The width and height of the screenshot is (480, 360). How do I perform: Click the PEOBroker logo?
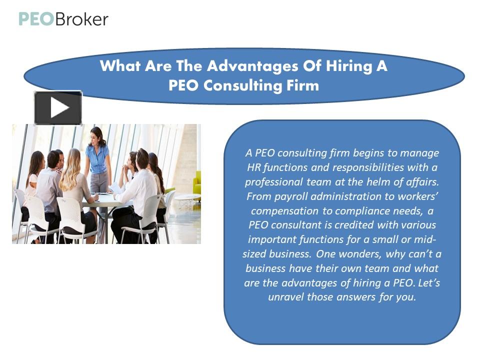click(63, 19)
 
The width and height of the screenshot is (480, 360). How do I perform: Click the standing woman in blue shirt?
click(98, 160)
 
